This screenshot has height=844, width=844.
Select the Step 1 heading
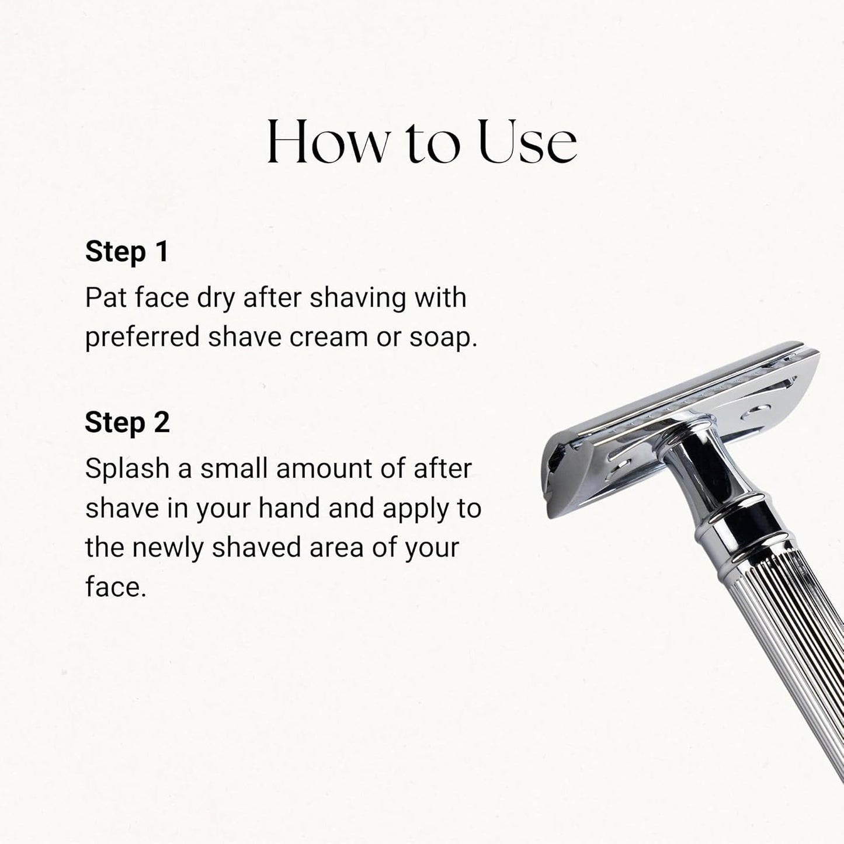pyautogui.click(x=127, y=252)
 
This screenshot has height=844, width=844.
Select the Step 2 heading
pyautogui.click(x=127, y=423)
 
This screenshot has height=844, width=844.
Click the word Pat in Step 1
pyautogui.click(x=106, y=298)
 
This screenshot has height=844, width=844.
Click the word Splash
pyautogui.click(x=127, y=468)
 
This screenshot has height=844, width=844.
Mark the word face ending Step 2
pyautogui.click(x=115, y=587)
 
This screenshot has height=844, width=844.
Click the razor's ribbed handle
pyautogui.click(x=784, y=657)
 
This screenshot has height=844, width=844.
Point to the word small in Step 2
pyautogui.click(x=234, y=468)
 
